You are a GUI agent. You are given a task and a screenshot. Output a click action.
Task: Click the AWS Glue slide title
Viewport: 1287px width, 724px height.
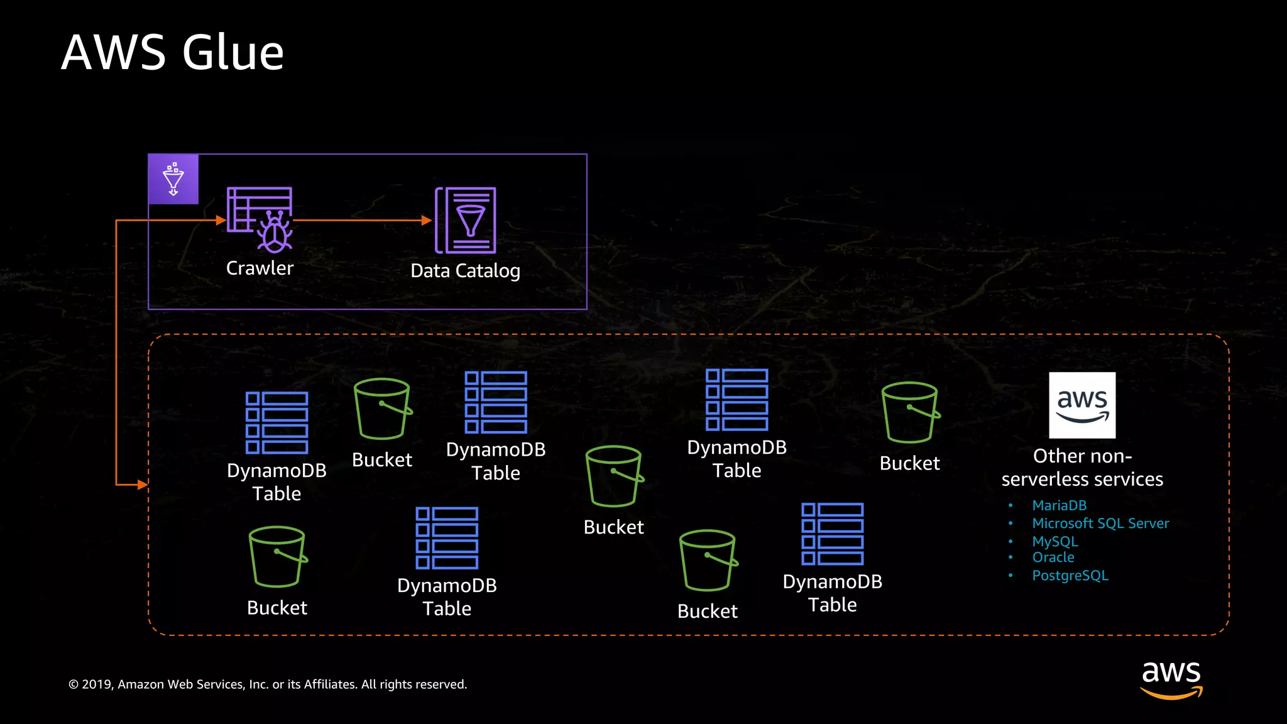click(x=173, y=52)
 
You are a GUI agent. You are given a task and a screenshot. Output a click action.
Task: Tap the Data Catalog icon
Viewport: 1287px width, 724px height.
click(x=466, y=220)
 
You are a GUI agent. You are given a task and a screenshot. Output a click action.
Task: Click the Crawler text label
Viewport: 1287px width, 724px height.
click(x=260, y=268)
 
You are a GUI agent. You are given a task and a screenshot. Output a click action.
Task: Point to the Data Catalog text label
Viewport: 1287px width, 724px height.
click(x=465, y=271)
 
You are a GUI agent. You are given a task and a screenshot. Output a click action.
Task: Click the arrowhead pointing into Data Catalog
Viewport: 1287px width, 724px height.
click(x=427, y=221)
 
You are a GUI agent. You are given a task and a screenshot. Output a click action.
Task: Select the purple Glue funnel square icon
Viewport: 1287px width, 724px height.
click(x=173, y=179)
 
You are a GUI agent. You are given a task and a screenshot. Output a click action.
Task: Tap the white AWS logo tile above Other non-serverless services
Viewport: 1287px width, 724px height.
click(x=1082, y=405)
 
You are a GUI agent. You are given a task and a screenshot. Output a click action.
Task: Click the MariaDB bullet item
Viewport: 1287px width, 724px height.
click(x=1059, y=505)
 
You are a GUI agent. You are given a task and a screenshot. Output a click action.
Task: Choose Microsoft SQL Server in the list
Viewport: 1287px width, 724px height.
click(x=1100, y=524)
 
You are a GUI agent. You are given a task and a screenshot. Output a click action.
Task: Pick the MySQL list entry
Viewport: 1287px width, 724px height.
click(x=1054, y=541)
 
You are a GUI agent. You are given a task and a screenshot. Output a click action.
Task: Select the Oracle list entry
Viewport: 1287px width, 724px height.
click(x=1053, y=557)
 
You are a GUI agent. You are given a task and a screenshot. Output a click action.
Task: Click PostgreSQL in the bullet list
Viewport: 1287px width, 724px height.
click(x=1070, y=576)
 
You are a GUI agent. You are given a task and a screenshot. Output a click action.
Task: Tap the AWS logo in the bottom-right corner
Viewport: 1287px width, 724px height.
click(x=1171, y=679)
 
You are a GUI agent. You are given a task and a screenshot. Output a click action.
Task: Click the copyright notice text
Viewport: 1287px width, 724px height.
click(x=268, y=684)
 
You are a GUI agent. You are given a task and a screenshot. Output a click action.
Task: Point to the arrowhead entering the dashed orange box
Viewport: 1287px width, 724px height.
click(x=143, y=485)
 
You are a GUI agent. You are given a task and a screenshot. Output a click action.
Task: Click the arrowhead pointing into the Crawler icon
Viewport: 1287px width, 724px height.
click(x=221, y=221)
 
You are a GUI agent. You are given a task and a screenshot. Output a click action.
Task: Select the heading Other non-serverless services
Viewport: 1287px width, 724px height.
click(x=1082, y=468)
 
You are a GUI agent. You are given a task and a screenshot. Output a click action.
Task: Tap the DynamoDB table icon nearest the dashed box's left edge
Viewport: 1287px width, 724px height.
click(x=277, y=422)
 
